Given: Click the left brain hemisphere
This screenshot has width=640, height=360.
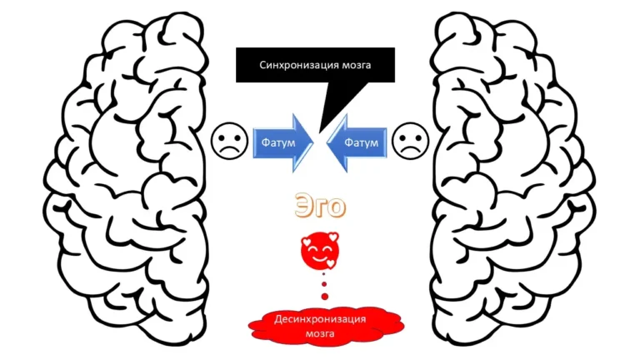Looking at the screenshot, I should coord(125,179).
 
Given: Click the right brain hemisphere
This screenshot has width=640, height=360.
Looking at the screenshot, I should coord(512,179).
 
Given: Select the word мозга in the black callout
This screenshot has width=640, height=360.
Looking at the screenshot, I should coord(352,64).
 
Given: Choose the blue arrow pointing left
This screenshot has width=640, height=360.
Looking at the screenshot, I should coord(357,143).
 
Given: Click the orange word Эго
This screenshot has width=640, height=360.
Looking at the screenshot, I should coord(319,206).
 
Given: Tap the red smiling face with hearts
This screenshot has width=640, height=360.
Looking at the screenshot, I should coord(319,252).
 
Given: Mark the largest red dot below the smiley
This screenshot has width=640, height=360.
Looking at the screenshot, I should coord(319,280).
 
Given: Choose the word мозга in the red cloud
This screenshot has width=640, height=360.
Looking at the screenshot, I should coord(319,334).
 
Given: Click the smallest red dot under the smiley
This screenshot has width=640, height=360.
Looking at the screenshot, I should coord(319,302).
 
